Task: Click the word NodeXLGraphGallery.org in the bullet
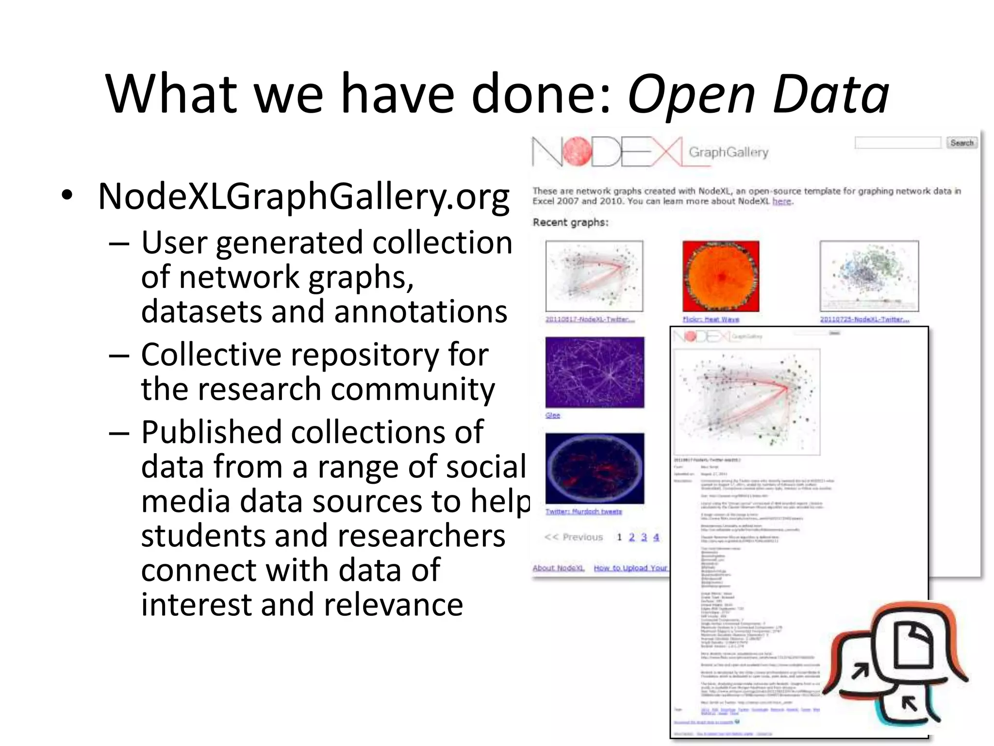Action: coord(304,197)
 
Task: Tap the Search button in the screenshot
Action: coord(961,143)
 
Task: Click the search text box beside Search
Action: coord(898,143)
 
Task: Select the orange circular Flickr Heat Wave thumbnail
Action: coord(721,276)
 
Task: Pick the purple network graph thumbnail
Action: coord(595,373)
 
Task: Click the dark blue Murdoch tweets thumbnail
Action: coord(595,469)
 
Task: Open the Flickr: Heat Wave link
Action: coord(711,320)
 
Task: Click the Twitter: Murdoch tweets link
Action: coord(583,511)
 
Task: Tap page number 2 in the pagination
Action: coord(631,537)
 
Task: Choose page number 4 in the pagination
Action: coord(656,537)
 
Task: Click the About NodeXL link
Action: coord(558,568)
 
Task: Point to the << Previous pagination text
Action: coord(573,537)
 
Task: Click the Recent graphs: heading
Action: coord(570,222)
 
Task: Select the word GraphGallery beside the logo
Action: coord(729,153)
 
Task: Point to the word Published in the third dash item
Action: coord(211,432)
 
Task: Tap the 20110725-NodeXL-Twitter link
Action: coord(864,320)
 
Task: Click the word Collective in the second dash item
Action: coord(211,355)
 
